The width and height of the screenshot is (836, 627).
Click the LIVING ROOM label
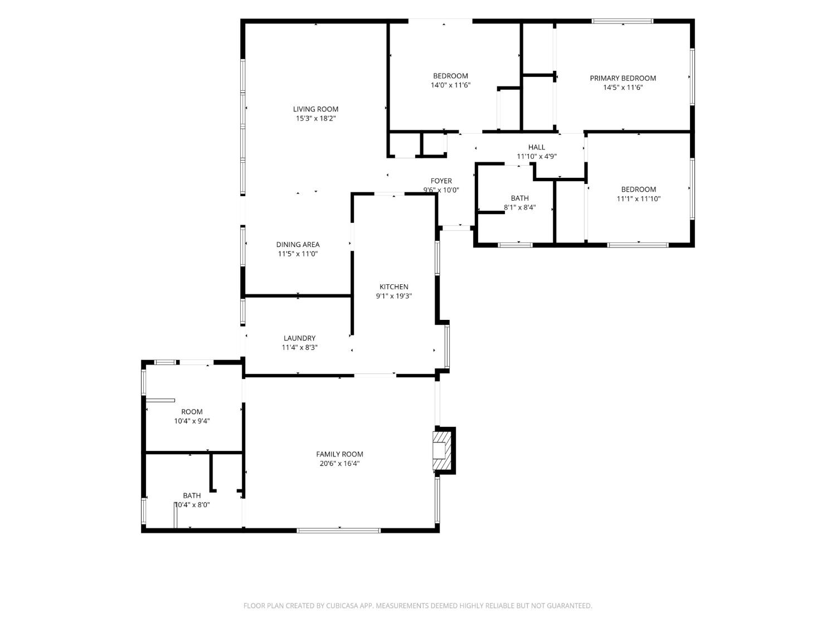[315, 109]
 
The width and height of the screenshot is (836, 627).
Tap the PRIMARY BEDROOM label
[623, 78]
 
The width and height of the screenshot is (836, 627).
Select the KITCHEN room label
[394, 286]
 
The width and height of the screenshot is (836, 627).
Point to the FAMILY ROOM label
[339, 454]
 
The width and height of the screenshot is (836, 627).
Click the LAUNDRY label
[299, 338]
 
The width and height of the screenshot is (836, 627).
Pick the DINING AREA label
[298, 245]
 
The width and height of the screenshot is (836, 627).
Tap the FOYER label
[441, 181]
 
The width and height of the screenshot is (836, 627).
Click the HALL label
[536, 147]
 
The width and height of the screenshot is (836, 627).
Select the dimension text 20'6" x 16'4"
[339, 463]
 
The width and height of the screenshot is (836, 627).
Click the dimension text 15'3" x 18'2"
[315, 118]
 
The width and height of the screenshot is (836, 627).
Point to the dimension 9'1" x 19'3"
[394, 296]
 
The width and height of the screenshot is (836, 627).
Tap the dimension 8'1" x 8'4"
[519, 207]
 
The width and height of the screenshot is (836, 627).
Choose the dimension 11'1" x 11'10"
[638, 199]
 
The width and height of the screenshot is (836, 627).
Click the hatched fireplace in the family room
[443, 451]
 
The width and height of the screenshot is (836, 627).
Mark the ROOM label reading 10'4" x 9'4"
[192, 411]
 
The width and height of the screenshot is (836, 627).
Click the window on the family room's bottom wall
[339, 531]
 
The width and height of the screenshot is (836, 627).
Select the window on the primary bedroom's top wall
[623, 21]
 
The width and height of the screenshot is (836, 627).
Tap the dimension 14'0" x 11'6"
[450, 85]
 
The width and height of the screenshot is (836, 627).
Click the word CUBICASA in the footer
[341, 606]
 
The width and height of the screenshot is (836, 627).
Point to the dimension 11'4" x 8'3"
[299, 348]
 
